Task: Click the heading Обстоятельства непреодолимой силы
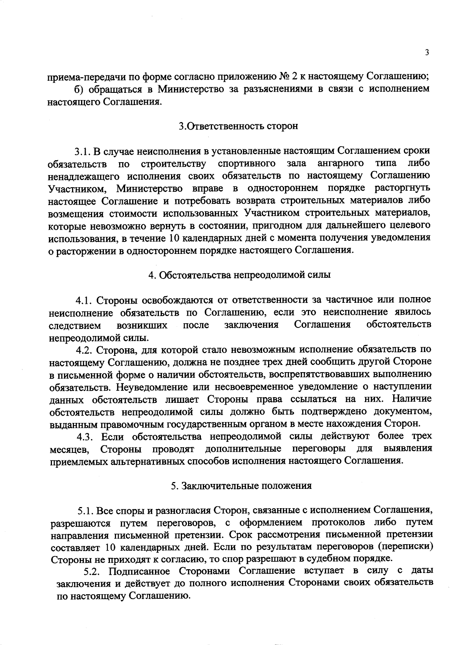[x=240, y=275]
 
